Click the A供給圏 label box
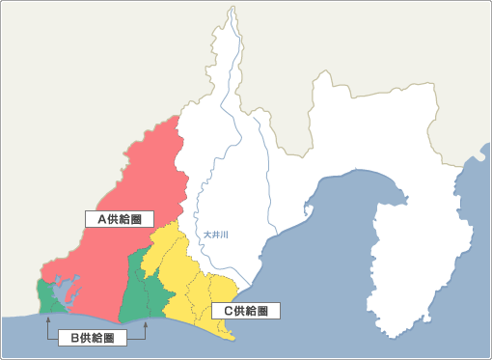coord(120,219)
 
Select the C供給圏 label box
coord(245,311)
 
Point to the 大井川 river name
coord(216,234)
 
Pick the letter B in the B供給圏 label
coord(75,338)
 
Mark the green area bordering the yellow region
coord(145,290)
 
